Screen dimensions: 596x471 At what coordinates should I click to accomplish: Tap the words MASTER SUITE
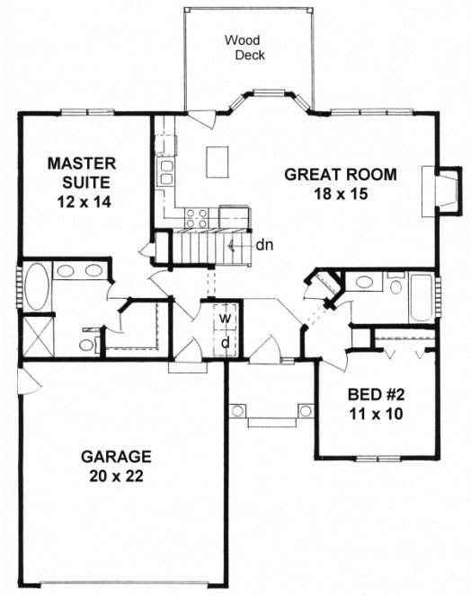click(83, 174)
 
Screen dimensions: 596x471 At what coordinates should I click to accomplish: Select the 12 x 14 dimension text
click(83, 202)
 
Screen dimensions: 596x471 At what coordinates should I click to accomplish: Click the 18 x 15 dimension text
click(341, 193)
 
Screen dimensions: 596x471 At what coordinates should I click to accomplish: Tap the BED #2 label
click(374, 395)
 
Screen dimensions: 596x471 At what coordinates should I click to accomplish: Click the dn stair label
click(262, 244)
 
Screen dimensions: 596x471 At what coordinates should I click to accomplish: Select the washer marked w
click(227, 319)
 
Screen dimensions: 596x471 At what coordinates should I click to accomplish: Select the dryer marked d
click(227, 342)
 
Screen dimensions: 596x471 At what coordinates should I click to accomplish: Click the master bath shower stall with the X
click(35, 337)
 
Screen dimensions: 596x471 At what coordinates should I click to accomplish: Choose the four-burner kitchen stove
click(197, 217)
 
